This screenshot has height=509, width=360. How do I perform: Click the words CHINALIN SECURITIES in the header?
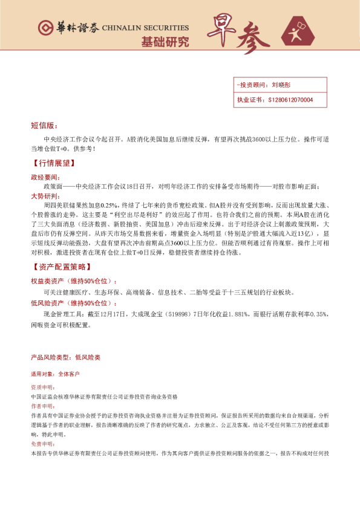[145, 28]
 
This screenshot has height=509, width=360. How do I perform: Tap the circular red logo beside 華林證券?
[45, 28]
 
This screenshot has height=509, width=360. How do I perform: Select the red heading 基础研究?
[165, 43]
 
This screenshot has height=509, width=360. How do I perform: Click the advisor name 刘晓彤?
[282, 86]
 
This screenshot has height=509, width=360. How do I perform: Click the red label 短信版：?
[44, 126]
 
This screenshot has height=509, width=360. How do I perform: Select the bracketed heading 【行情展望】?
[54, 163]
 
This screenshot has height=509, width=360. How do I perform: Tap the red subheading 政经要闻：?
[46, 177]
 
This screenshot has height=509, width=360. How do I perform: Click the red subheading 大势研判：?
[46, 196]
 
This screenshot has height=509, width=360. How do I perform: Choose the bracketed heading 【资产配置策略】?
[59, 267]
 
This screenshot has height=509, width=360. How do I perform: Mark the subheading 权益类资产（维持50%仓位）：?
[74, 281]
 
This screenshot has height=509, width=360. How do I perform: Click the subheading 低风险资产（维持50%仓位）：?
[74, 303]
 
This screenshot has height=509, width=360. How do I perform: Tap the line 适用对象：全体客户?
[55, 374]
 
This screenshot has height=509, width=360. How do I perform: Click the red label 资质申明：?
[42, 386]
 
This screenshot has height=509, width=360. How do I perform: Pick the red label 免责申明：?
[42, 443]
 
